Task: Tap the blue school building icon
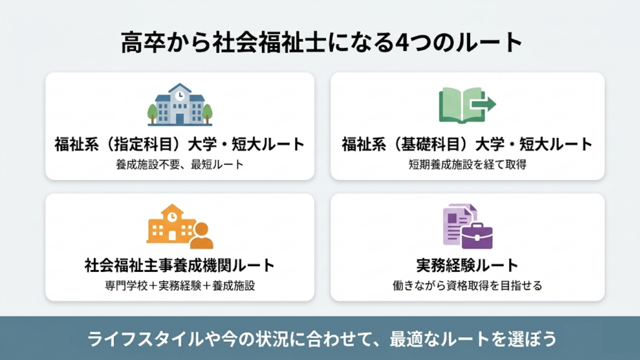click(180, 105)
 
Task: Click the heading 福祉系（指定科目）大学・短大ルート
click(180, 145)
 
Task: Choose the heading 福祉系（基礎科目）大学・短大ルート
click(467, 145)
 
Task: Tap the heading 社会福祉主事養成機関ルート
click(180, 265)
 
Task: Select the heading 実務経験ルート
click(467, 265)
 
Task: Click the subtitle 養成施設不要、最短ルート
click(180, 164)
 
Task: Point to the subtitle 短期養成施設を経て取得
click(467, 164)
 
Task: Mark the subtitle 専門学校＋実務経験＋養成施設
click(180, 286)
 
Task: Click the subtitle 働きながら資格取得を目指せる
click(467, 286)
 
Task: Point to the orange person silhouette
click(201, 235)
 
